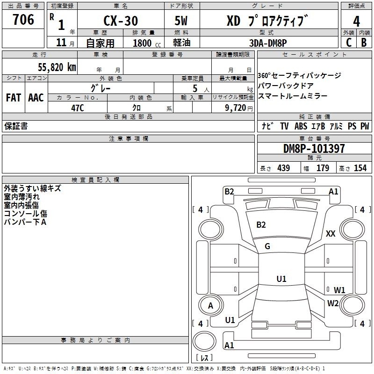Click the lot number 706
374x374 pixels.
[23, 19]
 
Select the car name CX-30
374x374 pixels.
[121, 21]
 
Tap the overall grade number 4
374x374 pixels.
[356, 22]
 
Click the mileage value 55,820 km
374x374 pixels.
[57, 67]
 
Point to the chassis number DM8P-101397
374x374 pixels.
[314, 149]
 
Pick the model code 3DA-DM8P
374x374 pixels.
[268, 43]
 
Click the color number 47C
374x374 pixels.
[78, 108]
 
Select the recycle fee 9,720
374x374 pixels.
[236, 108]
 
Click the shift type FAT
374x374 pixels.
[14, 98]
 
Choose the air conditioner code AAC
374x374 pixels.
[36, 98]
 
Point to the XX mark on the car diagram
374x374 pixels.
[331, 233]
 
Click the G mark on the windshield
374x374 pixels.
[267, 246]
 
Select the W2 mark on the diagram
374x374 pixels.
[333, 303]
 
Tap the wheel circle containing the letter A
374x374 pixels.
[211, 305]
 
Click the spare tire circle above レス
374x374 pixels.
[204, 341]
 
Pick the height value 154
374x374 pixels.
[360, 168]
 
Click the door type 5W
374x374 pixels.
[181, 21]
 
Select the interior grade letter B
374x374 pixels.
[364, 43]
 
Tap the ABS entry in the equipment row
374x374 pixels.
[301, 126]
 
